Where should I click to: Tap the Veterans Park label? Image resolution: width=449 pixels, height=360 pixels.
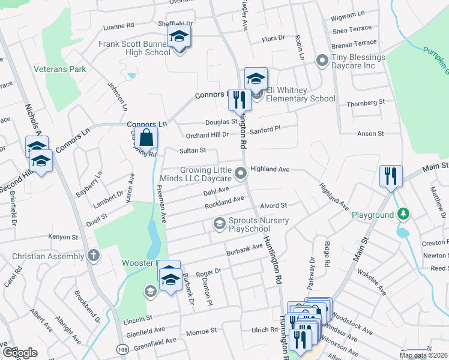(59, 69)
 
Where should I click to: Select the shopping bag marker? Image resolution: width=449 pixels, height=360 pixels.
(146, 138)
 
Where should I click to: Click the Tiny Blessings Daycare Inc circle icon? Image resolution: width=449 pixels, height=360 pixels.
(322, 60)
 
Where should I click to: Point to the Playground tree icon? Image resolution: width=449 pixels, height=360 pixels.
(405, 214)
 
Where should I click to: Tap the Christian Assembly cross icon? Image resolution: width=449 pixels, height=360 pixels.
(93, 256)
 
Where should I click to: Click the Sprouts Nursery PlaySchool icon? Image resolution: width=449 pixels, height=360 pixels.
(220, 224)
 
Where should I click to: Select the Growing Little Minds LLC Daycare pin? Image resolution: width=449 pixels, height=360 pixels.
(241, 174)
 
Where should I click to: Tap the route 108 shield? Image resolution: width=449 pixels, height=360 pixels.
(122, 349)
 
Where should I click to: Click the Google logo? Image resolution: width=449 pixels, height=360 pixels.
(19, 353)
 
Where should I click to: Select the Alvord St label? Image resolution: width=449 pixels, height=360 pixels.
(273, 206)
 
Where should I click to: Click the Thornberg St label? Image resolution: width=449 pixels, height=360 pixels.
(366, 103)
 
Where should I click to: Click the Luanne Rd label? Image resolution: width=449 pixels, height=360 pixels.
(118, 26)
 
